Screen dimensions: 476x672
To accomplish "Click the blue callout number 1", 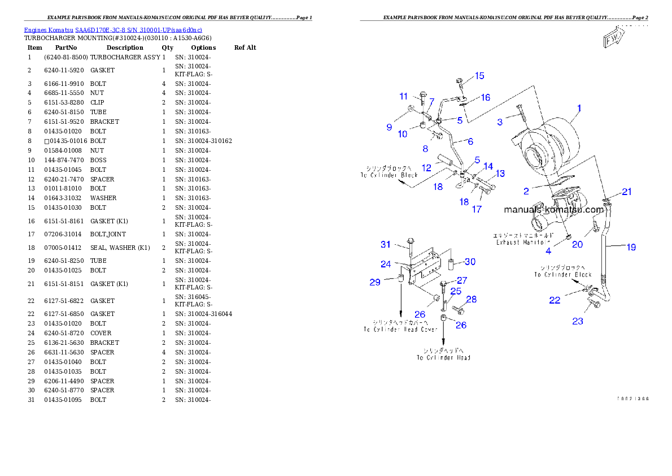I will (x=579, y=108).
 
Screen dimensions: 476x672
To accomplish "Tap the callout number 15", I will (x=479, y=76).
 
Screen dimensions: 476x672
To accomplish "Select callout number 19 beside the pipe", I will (x=631, y=247).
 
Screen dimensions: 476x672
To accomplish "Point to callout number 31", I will (x=386, y=244).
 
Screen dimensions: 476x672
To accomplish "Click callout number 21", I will (x=627, y=192).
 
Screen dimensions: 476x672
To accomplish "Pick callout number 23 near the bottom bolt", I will (x=578, y=321).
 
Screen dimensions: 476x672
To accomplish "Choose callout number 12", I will (x=426, y=168).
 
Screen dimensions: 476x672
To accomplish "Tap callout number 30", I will (x=470, y=261).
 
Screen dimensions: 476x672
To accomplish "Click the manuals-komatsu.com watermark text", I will (x=553, y=209).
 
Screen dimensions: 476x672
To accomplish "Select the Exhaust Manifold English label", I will (x=523, y=243).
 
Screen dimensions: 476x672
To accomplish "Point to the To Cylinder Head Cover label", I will (x=400, y=329).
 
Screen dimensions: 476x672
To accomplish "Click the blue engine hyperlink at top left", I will (x=113, y=30).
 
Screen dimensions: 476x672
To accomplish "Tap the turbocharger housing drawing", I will (x=551, y=141).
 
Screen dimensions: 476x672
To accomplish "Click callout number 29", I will (x=375, y=282).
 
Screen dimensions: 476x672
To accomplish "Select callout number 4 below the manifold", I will (x=548, y=250).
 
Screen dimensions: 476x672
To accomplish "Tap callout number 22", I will (x=555, y=300).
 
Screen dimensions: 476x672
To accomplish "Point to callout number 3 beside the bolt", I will (x=500, y=122).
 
